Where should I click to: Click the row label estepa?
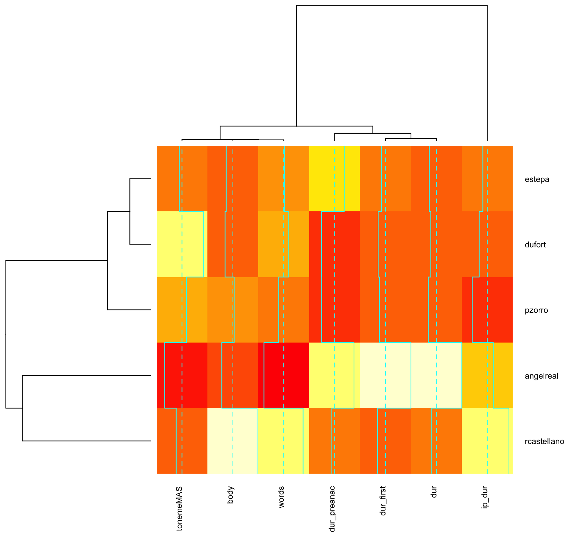(537, 179)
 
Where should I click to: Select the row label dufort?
(535, 245)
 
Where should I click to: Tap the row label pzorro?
(536, 310)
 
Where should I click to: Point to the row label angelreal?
(541, 376)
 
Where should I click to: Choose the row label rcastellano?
(544, 442)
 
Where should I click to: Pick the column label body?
(230, 495)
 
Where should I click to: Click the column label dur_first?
(383, 501)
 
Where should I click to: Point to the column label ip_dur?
(485, 497)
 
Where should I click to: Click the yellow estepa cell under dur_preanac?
(334, 178)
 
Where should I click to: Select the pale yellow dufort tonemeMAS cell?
(182, 244)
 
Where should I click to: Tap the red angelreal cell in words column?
(284, 375)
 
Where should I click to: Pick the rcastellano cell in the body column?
(233, 441)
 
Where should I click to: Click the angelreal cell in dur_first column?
(385, 375)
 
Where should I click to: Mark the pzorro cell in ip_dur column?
(487, 310)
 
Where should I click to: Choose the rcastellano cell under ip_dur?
(487, 441)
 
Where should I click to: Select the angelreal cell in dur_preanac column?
(334, 375)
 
